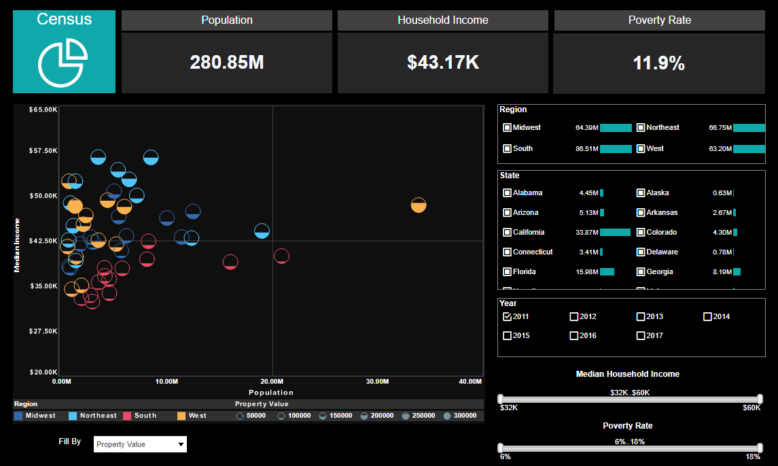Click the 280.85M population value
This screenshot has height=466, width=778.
coord(227,63)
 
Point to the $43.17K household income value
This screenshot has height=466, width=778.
coord(443,63)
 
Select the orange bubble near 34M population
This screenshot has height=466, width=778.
coord(419,205)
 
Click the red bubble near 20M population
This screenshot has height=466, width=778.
coord(281,256)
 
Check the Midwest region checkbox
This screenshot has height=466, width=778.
coord(507,128)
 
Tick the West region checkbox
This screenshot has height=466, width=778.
coord(640,149)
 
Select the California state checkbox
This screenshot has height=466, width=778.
coord(507,233)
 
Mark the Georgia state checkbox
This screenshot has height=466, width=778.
coord(640,272)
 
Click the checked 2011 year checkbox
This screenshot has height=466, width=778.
coord(507,316)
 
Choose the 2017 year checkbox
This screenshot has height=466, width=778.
coord(641,335)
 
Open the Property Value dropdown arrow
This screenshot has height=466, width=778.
coord(181,445)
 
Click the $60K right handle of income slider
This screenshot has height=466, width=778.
coord(760,399)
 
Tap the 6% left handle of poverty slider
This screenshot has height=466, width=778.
coord(501,448)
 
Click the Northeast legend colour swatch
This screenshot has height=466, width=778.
coord(73,416)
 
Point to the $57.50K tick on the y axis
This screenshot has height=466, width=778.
coord(42,150)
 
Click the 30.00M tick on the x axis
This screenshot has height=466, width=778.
coord(377,382)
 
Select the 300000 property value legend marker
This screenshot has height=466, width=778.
coord(447,416)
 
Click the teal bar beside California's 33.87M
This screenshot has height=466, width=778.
coord(615,233)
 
